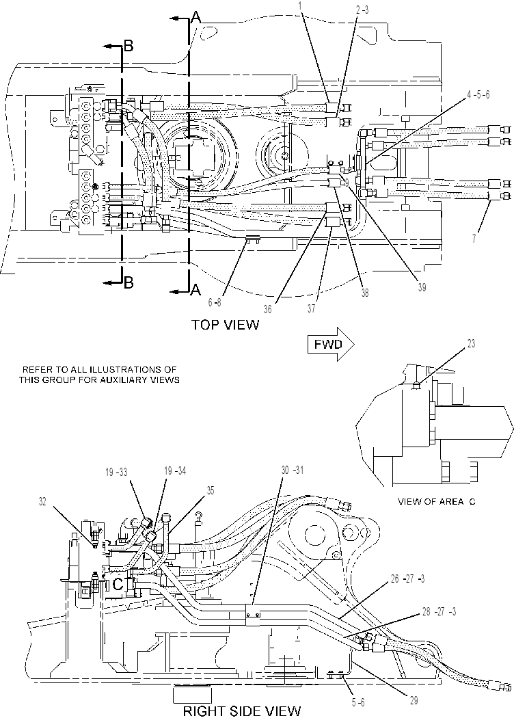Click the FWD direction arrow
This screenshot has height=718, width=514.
click(331, 345)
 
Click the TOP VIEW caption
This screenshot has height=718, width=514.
click(225, 325)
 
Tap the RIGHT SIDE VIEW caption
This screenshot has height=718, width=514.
click(242, 710)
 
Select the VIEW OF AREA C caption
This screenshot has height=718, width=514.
click(436, 501)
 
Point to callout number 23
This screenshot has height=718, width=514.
click(471, 343)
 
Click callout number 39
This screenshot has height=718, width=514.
click(422, 287)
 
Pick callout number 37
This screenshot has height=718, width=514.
click(311, 308)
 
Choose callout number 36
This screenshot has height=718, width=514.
click(268, 309)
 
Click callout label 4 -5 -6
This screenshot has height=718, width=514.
click(478, 95)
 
